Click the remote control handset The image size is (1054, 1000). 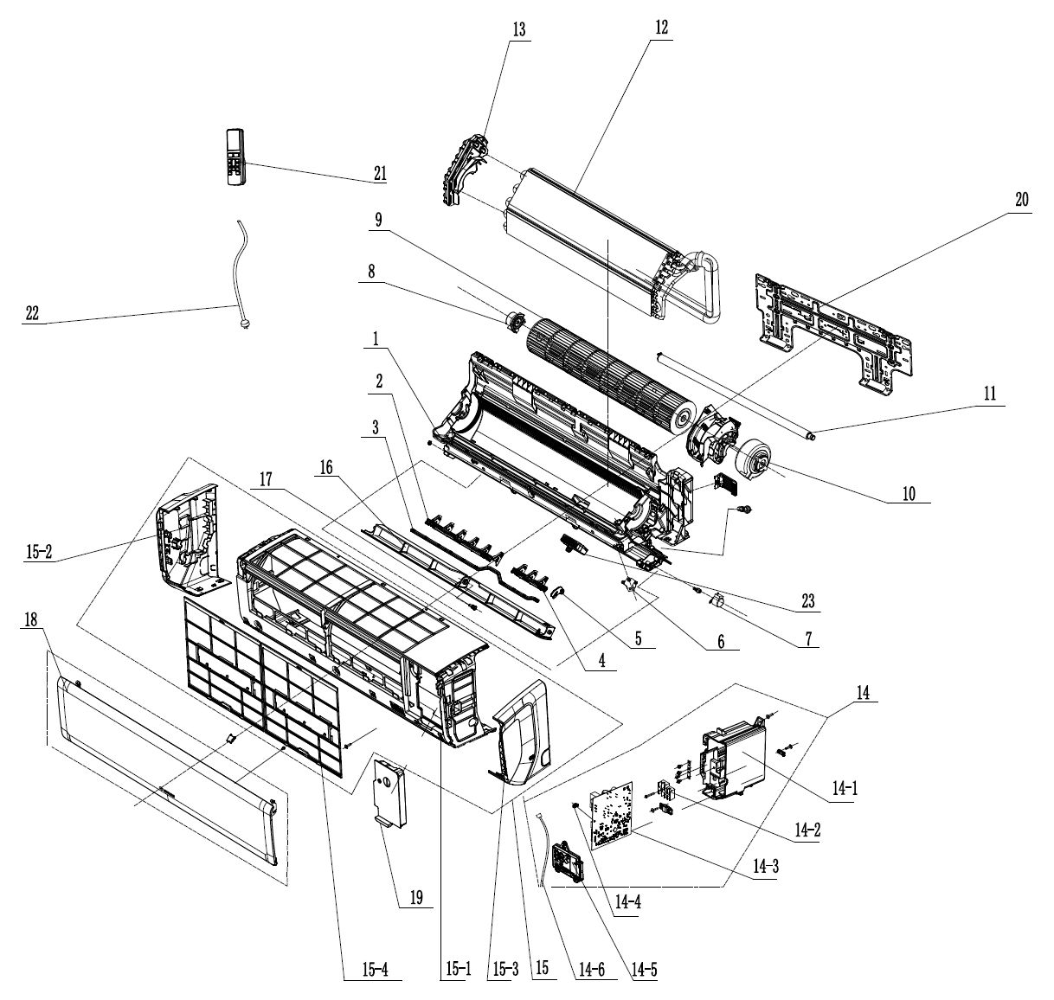235,157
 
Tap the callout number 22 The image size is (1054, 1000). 32,313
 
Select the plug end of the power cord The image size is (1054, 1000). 235,324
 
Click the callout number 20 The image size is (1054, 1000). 1021,199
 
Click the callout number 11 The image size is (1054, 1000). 989,394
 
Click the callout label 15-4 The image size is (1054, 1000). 363,968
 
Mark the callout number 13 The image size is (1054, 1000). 518,29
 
